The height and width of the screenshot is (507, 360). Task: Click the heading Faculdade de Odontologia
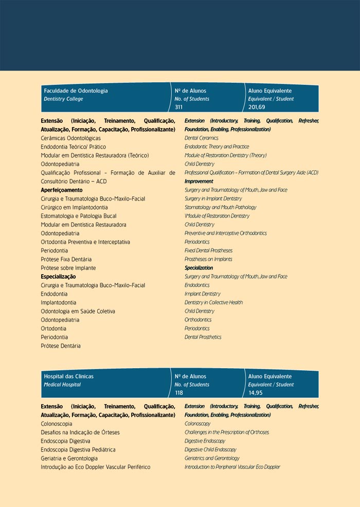pyautogui.click(x=76, y=90)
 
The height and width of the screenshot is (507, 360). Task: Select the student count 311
pyautogui.click(x=179, y=107)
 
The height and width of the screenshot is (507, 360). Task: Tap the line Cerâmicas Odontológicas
pyautogui.click(x=70, y=138)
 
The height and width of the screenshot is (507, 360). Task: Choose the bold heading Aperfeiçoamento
pyautogui.click(x=61, y=190)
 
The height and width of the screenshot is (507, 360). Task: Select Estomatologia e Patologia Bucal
pyautogui.click(x=78, y=216)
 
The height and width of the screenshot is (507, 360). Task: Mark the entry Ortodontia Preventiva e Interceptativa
pyautogui.click(x=85, y=242)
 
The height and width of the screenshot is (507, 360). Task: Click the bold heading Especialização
pyautogui.click(x=58, y=277)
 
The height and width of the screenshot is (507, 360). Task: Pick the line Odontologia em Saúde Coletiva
pyautogui.click(x=78, y=311)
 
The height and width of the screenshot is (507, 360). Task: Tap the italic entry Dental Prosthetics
pyautogui.click(x=203, y=337)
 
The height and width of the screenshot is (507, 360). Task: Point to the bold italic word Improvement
pyautogui.click(x=199, y=182)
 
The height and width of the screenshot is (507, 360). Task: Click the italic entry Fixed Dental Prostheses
pyautogui.click(x=208, y=250)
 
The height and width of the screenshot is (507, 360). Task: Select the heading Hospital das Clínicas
pyautogui.click(x=68, y=376)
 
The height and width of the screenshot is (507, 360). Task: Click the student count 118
pyautogui.click(x=179, y=393)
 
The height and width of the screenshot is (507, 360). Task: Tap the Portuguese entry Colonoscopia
pyautogui.click(x=56, y=424)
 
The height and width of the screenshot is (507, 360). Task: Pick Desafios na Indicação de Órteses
pyautogui.click(x=80, y=432)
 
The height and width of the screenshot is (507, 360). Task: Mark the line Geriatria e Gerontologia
pyautogui.click(x=69, y=458)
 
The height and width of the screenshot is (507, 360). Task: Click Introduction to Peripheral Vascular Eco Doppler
pyautogui.click(x=232, y=467)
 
